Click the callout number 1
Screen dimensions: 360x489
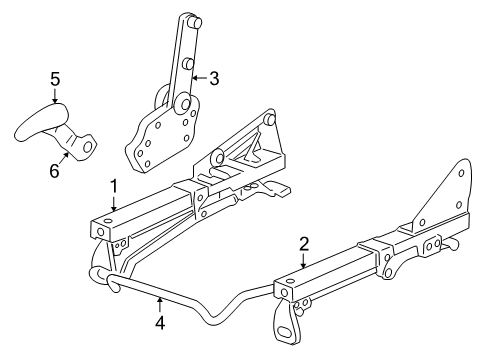click(114, 185)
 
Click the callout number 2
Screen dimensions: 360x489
click(303, 243)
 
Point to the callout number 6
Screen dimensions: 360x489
click(54, 171)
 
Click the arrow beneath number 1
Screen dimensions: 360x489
click(114, 204)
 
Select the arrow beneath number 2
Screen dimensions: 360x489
click(303, 261)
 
